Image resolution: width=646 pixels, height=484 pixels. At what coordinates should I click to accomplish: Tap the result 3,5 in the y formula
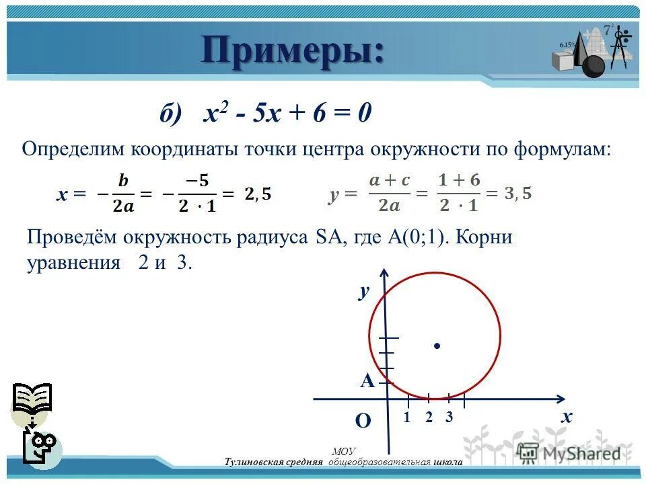tap(517, 194)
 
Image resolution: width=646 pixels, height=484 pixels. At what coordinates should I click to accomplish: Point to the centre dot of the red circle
tap(437, 346)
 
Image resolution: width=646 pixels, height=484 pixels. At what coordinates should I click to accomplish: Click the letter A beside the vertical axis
tap(367, 382)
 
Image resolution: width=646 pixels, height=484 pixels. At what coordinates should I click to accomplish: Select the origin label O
tap(363, 421)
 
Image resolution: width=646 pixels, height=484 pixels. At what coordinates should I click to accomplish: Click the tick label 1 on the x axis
tap(407, 417)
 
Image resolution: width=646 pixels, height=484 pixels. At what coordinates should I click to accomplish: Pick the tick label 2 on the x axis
tap(429, 417)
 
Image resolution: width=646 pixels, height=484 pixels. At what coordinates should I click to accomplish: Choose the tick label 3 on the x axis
tap(449, 417)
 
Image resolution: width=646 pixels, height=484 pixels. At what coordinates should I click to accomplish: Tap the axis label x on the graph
tap(567, 417)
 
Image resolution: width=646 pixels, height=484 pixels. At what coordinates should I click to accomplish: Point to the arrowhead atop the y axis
tap(384, 274)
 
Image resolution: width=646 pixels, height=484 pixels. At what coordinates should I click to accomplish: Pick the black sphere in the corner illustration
tap(594, 66)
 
